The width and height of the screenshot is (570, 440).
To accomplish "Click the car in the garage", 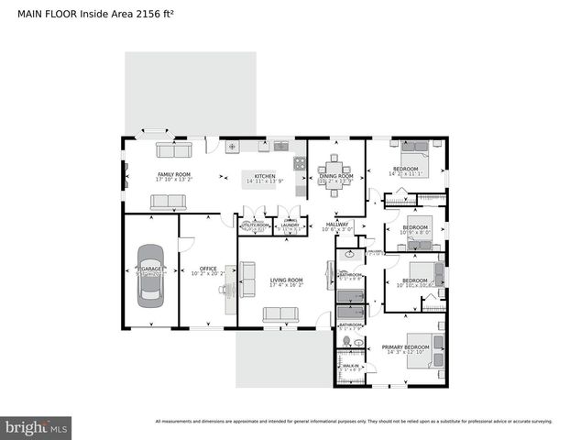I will [151, 274].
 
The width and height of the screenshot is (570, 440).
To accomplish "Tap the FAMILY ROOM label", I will [174, 175].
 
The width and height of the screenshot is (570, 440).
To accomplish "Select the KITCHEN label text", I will [265, 176].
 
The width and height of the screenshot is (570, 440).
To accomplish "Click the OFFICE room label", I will [208, 269].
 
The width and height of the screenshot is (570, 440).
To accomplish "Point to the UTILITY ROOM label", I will [255, 225].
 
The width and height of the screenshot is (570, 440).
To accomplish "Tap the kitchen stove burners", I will [299, 163].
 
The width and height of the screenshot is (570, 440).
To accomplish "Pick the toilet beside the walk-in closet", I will [346, 342].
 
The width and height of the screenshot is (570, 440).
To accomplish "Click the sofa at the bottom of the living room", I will [280, 314].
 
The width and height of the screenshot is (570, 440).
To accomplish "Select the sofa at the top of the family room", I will [173, 149].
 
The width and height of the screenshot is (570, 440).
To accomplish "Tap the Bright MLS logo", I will [37, 427].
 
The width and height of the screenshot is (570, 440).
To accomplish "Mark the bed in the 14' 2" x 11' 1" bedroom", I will [412, 147].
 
